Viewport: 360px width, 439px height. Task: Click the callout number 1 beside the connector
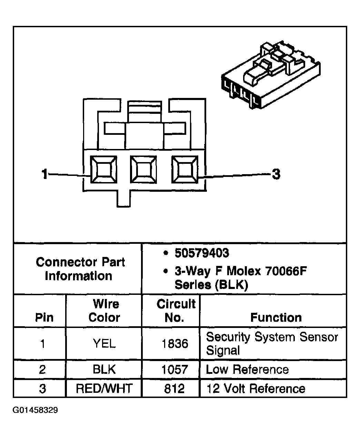click(x=44, y=174)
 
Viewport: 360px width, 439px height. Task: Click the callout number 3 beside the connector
click(x=276, y=174)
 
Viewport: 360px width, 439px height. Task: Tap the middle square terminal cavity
click(x=143, y=170)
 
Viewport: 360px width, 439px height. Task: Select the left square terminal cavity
click(x=103, y=170)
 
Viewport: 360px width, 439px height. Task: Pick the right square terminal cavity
click(x=185, y=170)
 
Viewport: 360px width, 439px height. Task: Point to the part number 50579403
click(x=202, y=253)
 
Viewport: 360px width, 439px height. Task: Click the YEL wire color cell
click(x=104, y=343)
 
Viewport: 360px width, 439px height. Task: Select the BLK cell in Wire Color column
click(x=104, y=370)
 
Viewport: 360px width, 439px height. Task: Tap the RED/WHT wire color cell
click(x=104, y=389)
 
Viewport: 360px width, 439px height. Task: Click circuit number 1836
click(x=174, y=343)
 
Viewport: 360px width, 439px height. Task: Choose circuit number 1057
click(x=174, y=370)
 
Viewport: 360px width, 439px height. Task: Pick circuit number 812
click(x=174, y=389)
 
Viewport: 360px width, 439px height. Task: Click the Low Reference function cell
click(x=247, y=370)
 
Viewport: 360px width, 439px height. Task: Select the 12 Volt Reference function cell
click(x=256, y=389)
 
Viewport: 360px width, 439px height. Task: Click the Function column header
click(x=276, y=317)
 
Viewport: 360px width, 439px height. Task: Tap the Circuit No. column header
click(x=176, y=310)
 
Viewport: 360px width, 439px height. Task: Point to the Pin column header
click(x=44, y=317)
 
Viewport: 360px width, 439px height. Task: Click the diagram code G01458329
click(x=36, y=410)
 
